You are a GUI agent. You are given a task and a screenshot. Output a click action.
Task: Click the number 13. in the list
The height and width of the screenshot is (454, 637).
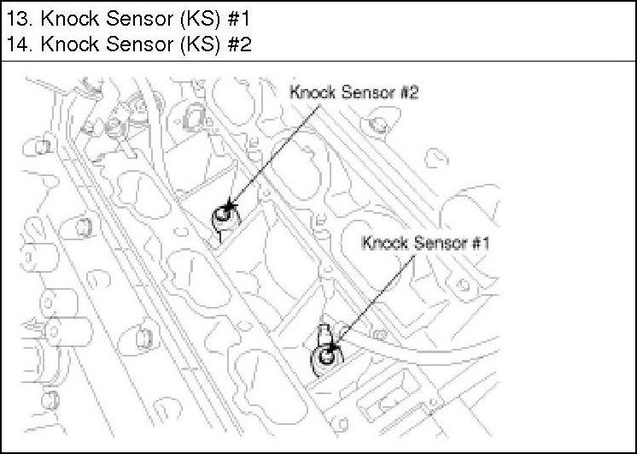tap(17, 17)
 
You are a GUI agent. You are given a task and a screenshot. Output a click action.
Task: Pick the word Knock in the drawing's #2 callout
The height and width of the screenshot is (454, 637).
tap(313, 92)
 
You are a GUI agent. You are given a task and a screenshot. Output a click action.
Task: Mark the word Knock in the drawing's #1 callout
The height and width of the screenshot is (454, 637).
tap(385, 242)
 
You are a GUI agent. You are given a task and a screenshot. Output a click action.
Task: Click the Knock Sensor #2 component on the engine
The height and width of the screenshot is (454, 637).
tap(224, 215)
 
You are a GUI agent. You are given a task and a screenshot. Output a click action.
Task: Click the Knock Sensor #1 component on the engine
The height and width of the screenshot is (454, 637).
tap(326, 357)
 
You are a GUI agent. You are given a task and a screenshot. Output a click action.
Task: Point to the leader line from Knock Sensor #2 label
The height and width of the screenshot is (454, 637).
tap(273, 154)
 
